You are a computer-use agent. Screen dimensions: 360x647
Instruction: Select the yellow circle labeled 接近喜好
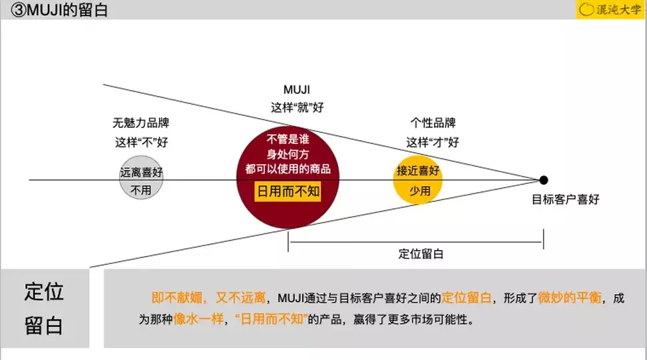click(418, 179)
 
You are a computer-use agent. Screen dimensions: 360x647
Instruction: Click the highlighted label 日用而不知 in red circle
click(289, 191)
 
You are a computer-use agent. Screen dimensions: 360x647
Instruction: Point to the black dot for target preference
click(544, 180)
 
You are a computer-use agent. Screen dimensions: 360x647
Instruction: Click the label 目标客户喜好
click(565, 199)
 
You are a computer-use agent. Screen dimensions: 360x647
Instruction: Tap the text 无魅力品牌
click(141, 123)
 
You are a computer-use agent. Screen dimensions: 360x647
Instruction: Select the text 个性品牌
click(433, 123)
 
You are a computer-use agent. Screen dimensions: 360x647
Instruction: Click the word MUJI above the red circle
click(297, 89)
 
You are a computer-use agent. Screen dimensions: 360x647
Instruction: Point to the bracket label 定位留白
click(421, 253)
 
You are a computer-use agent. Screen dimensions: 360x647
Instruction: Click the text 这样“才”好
click(433, 141)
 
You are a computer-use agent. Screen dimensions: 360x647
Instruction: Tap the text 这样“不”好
click(141, 141)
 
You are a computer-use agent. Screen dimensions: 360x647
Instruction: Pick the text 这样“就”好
click(297, 107)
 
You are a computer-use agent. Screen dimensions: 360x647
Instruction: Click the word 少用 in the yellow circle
click(420, 191)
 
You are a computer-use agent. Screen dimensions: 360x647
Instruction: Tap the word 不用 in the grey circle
click(141, 190)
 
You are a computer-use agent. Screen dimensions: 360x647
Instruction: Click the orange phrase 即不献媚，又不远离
click(209, 298)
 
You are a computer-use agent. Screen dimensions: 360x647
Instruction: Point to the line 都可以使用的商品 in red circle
click(287, 169)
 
